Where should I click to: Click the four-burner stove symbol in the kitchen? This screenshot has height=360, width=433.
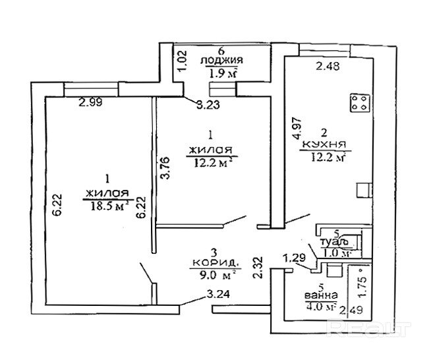click(x=359, y=104)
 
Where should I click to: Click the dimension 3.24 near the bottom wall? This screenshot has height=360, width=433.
click(x=218, y=295)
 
